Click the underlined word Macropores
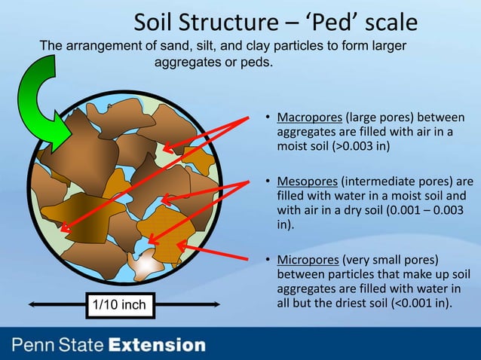point(309,117)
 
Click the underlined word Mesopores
point(308,182)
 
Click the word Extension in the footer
point(156,346)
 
